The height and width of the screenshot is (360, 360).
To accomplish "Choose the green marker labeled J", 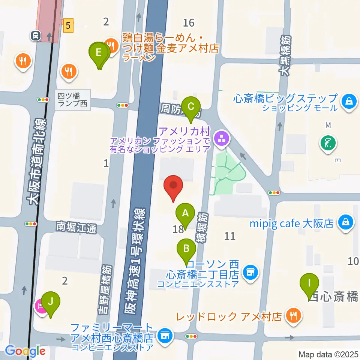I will tap(50, 301).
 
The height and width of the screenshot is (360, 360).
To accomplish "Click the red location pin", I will tap(173, 186).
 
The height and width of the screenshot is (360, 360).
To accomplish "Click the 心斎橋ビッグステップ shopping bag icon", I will tap(349, 102).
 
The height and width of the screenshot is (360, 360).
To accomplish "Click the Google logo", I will tap(25, 351).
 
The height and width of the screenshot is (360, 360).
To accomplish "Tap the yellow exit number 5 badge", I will tap(68, 26).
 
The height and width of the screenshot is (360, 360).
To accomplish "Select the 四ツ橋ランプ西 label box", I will tap(73, 99).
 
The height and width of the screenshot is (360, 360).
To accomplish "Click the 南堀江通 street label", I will tap(76, 227).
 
